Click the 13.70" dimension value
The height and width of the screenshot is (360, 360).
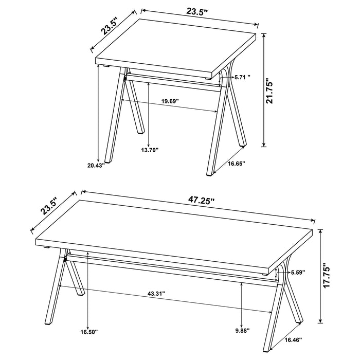pyautogui.click(x=150, y=150)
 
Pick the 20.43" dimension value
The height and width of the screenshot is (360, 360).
pyautogui.click(x=97, y=165)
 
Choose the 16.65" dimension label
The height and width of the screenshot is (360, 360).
pyautogui.click(x=236, y=163)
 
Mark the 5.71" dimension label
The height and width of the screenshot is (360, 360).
pyautogui.click(x=242, y=77)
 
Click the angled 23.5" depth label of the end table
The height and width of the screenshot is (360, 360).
pyautogui.click(x=110, y=26)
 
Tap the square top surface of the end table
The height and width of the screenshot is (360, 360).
pyautogui.click(x=175, y=46)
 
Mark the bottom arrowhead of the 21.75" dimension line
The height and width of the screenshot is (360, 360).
pyautogui.click(x=265, y=146)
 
